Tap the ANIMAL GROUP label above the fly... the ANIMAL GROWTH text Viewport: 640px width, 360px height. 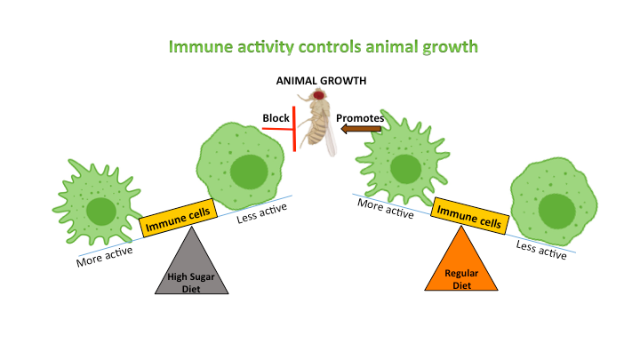(321, 82)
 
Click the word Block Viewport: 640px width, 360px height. (276, 117)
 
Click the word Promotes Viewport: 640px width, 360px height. (359, 116)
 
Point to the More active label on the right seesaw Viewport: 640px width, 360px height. (385, 208)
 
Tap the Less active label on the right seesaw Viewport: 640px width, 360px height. (540, 251)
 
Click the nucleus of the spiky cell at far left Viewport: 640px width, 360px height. (100, 211)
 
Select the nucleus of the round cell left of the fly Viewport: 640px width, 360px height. (245, 169)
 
